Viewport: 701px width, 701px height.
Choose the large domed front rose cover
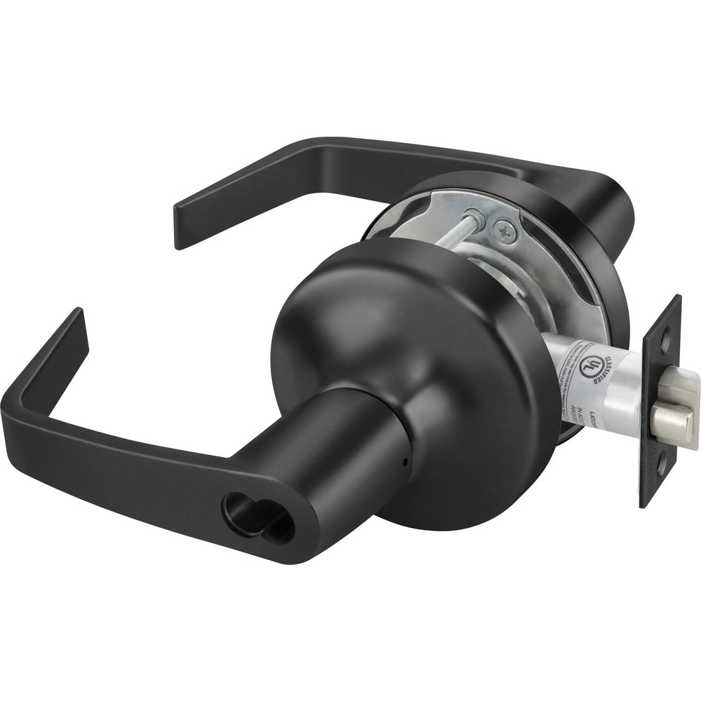pyautogui.click(x=421, y=350)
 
